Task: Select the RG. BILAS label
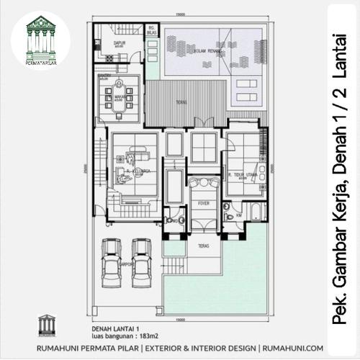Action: pos(150,32)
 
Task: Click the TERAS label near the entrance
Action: pos(202,246)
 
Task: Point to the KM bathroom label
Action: pos(238,214)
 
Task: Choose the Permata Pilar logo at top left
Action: pos(40,40)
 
